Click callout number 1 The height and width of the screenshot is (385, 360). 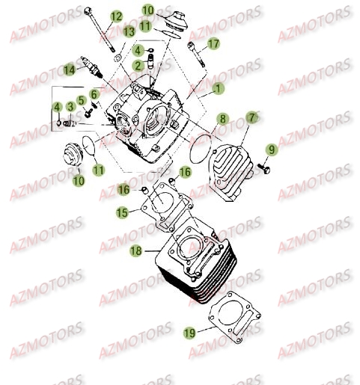pos(218,89)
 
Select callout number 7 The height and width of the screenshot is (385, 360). pos(251,117)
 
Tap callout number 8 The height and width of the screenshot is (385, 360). pos(222,119)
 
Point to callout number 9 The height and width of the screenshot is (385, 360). pos(271,150)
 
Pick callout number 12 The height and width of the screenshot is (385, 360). pos(116,16)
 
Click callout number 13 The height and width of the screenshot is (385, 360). pos(129,31)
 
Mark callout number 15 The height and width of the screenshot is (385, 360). pos(121,213)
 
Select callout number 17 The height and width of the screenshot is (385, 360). pos(213,44)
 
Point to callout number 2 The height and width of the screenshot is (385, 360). pos(138,65)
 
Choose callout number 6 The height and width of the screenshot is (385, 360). pos(94,93)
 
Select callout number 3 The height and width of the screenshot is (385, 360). pos(70,107)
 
